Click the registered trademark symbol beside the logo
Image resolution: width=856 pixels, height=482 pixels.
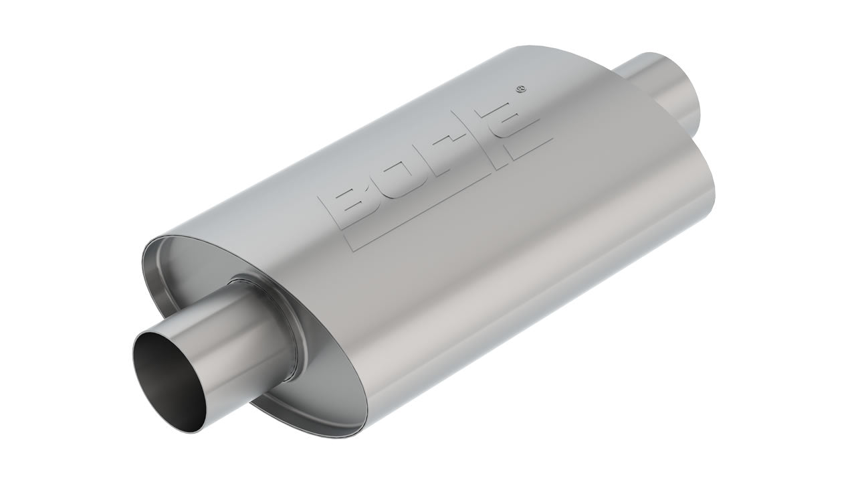(x=522, y=88)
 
